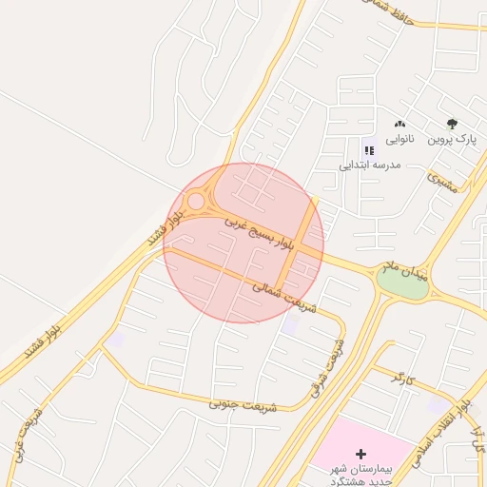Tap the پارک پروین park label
click(452, 139)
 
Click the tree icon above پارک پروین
click(452, 124)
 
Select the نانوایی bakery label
click(399, 139)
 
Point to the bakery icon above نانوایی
click(399, 124)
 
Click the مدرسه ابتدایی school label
click(372, 165)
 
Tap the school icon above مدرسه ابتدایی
click(368, 149)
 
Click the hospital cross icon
click(360, 453)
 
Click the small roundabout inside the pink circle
click(197, 202)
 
